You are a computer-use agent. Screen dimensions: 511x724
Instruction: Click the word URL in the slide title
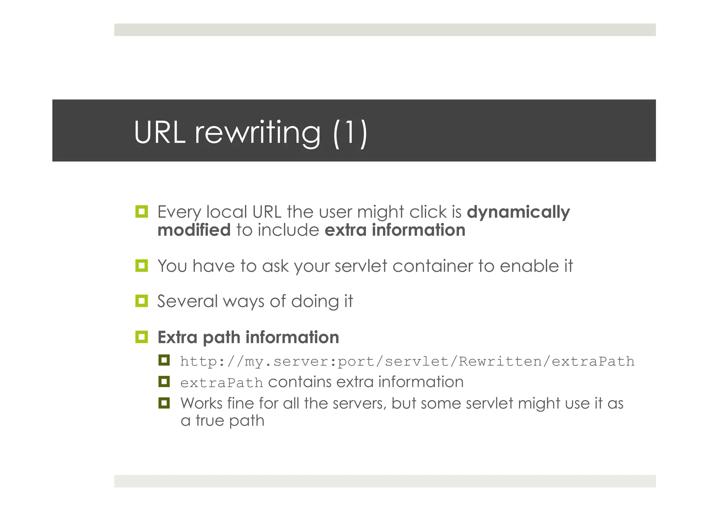(x=159, y=132)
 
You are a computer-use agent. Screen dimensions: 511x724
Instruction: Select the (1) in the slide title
(x=350, y=132)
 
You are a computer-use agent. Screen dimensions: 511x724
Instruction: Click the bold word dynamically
(x=518, y=212)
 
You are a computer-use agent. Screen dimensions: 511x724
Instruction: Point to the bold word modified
(x=194, y=230)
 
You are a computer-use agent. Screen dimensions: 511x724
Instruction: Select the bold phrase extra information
(x=395, y=230)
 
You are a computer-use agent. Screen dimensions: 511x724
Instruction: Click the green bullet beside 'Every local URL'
(x=141, y=212)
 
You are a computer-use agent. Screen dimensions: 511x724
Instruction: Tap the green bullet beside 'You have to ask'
(x=141, y=266)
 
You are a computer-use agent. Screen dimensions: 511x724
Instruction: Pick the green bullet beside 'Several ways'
(x=141, y=301)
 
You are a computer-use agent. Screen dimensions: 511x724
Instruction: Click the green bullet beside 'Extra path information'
(x=141, y=337)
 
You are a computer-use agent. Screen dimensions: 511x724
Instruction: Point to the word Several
(x=187, y=302)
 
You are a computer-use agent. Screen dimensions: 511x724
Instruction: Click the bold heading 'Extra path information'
(x=248, y=337)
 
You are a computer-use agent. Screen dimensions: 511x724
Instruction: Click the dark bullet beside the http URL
(x=164, y=360)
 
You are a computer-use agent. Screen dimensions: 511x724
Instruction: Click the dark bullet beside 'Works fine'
(x=164, y=403)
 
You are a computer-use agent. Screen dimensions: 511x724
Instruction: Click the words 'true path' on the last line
(x=230, y=421)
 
